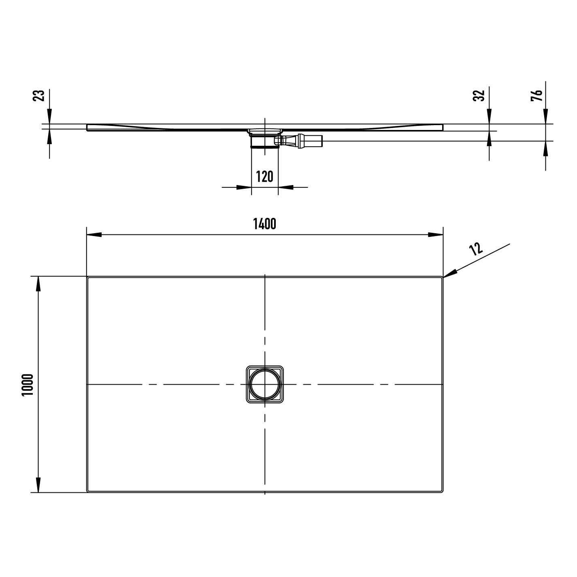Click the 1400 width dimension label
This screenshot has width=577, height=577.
(x=264, y=224)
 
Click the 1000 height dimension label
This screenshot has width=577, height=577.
(x=28, y=385)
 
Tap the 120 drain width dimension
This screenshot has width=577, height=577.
(x=264, y=177)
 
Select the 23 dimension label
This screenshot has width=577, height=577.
(x=39, y=96)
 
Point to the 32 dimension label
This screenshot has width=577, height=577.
(x=479, y=96)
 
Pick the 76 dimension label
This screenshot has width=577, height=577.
(x=537, y=96)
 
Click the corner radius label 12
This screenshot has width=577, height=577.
(x=476, y=249)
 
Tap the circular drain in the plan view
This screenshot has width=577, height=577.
(x=265, y=385)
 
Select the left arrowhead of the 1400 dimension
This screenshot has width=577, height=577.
(x=94, y=234)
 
